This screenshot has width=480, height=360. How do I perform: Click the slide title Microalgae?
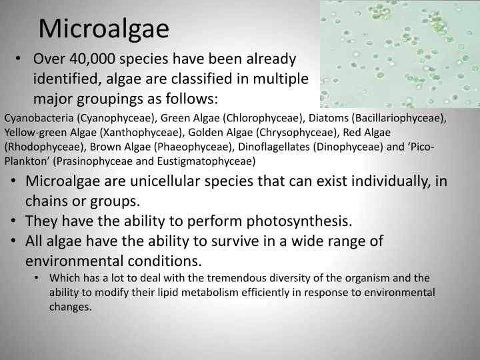[x=103, y=29]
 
